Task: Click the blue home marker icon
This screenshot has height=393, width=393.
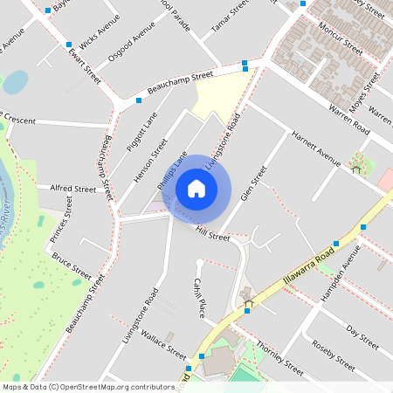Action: tap(196, 188)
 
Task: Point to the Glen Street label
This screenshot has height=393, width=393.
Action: tap(252, 183)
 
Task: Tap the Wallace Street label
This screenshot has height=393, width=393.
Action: tap(163, 344)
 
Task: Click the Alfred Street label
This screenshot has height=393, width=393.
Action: tap(72, 188)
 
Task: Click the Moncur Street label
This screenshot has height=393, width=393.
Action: tap(341, 39)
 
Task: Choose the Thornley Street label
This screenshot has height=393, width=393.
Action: tap(279, 361)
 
